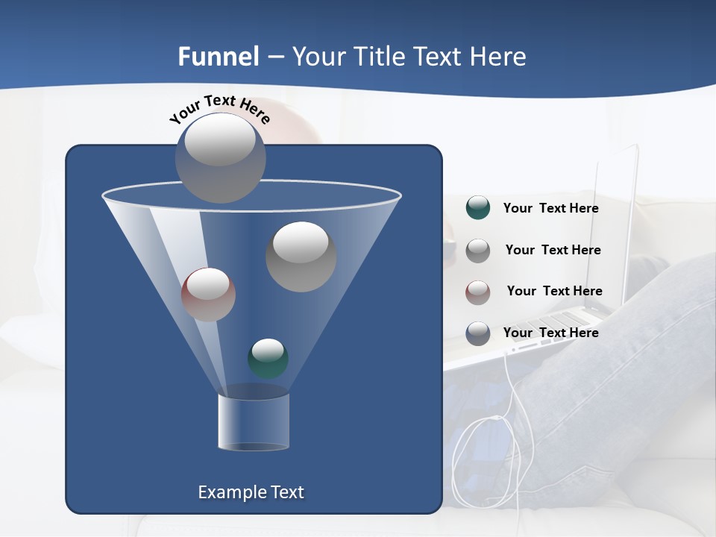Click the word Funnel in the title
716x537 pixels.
pyautogui.click(x=218, y=57)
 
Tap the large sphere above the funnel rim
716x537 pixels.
pyautogui.click(x=220, y=157)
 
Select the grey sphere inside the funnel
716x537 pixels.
pyautogui.click(x=301, y=256)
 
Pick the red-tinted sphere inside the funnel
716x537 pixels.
pyautogui.click(x=208, y=294)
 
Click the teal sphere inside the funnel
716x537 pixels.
pyautogui.click(x=268, y=358)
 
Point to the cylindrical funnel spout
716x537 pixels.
pyautogui.click(x=254, y=422)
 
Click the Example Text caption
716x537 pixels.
pyautogui.click(x=251, y=492)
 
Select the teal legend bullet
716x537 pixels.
pyautogui.click(x=477, y=208)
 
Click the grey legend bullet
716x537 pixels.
pyautogui.click(x=477, y=250)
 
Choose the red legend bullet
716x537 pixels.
pyautogui.click(x=477, y=292)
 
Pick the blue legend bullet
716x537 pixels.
pyautogui.click(x=477, y=333)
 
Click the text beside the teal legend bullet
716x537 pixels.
pyautogui.click(x=550, y=208)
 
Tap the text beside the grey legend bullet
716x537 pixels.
pyautogui.click(x=553, y=250)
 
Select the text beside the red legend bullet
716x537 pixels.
pyautogui.click(x=554, y=291)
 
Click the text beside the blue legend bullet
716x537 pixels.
pyautogui.click(x=550, y=333)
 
